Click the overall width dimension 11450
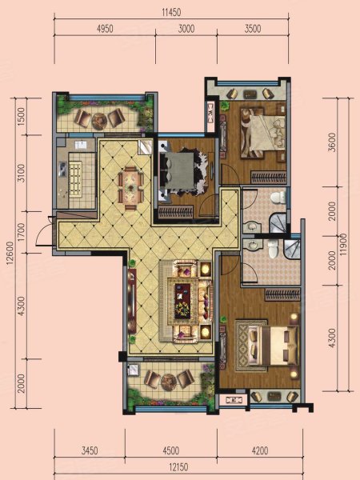click(171, 12)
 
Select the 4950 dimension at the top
click(105, 29)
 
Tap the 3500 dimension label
click(253, 29)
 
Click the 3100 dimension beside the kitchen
click(21, 174)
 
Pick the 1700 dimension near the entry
click(21, 232)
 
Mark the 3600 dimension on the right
click(333, 142)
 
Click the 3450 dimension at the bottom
click(90, 450)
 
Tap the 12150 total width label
click(178, 467)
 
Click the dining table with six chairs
click(131, 188)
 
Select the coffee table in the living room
click(182, 300)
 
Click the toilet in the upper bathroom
click(278, 197)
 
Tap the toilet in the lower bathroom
click(272, 249)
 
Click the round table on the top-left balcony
click(99, 120)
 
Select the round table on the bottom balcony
click(168, 382)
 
